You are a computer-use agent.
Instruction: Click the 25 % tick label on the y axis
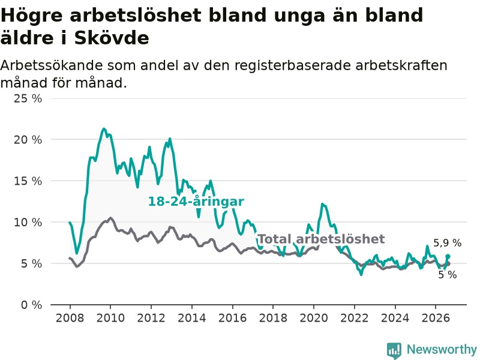click(x=28, y=98)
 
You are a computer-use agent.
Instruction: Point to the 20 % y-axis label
click(x=28, y=140)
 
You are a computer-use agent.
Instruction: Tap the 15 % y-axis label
click(x=28, y=181)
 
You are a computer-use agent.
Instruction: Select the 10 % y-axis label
click(x=28, y=222)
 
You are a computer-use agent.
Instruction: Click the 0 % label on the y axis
click(x=31, y=305)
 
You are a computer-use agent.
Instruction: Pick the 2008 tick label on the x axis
click(x=70, y=318)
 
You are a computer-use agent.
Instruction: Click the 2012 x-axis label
click(x=151, y=318)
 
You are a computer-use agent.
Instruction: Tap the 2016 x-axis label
click(x=232, y=318)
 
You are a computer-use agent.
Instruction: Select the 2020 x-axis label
click(x=314, y=318)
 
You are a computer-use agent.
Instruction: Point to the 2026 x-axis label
click(x=436, y=318)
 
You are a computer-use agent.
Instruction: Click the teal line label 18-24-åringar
click(x=196, y=202)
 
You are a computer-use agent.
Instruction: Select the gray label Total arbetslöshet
click(x=322, y=239)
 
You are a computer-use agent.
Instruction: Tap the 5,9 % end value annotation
click(x=447, y=243)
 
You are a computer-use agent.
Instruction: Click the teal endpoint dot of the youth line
click(x=448, y=256)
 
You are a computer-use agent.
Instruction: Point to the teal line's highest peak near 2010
click(x=104, y=129)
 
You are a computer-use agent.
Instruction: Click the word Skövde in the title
click(x=112, y=38)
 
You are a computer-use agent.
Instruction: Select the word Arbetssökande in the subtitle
click(x=52, y=65)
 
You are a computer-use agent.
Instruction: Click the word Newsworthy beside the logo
click(x=442, y=350)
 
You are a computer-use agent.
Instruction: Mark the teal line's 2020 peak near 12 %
click(x=322, y=204)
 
